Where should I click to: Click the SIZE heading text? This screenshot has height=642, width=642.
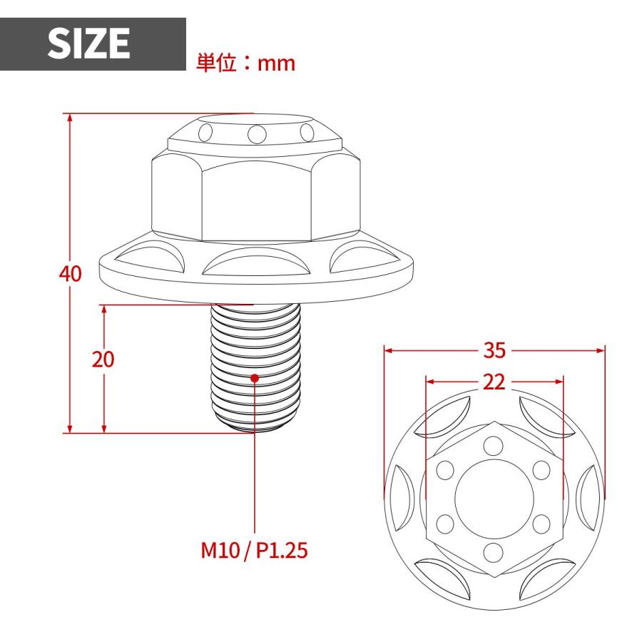89,44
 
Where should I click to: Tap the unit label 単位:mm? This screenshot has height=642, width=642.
245,63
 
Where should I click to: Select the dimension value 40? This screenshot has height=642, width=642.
70,274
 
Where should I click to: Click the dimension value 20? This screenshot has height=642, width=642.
103,360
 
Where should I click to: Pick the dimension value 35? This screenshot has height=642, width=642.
494,350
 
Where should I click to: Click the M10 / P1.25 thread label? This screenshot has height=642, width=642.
254,551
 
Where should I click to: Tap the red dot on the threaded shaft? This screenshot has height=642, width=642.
255,377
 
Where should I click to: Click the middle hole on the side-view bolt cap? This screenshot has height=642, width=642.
256,133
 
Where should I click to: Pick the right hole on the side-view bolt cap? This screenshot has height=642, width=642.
307,133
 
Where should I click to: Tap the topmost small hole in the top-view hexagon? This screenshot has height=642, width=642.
494,446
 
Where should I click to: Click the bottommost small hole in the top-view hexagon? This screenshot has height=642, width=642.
494,551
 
